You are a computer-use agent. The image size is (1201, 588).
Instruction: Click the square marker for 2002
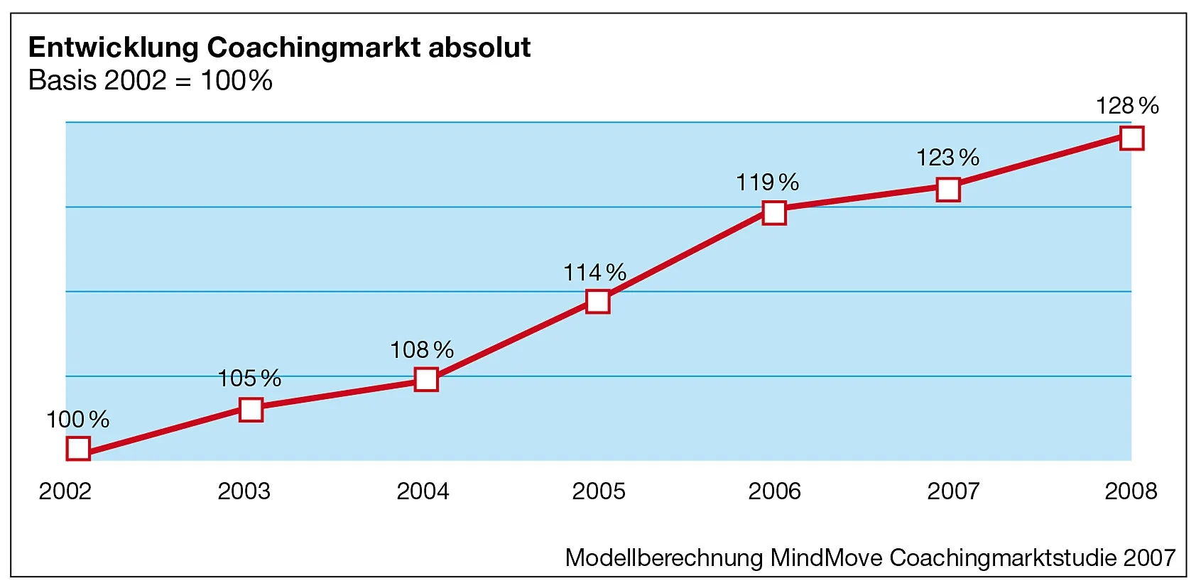coord(78,448)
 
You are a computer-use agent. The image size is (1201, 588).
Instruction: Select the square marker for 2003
coord(251,410)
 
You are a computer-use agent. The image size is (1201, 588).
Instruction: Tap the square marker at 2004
coord(426,379)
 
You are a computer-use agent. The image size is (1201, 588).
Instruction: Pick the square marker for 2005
coord(598,302)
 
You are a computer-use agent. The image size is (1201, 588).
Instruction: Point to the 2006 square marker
coord(774,212)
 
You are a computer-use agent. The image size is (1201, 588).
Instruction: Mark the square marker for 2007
coord(948,190)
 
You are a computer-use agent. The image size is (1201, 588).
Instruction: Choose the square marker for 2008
coord(1131,138)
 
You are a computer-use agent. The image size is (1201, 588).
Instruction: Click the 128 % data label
coord(1127,106)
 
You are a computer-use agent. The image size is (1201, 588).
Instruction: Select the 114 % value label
coord(594,272)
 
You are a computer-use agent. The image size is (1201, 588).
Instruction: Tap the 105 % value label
coord(249,379)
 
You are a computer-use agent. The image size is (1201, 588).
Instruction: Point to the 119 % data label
coord(767,183)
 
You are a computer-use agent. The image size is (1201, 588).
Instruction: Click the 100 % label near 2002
coord(77,420)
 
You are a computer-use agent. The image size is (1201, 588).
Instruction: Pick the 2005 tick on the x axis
coord(599,491)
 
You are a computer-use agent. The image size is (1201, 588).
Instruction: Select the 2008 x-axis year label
coord(1131,491)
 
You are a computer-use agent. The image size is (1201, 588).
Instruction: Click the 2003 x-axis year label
coord(244,491)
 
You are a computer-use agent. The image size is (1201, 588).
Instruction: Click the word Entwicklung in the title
coord(114,48)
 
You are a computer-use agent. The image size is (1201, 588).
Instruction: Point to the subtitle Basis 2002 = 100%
coord(150,80)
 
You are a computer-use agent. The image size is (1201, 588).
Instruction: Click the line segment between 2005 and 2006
coord(686,257)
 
